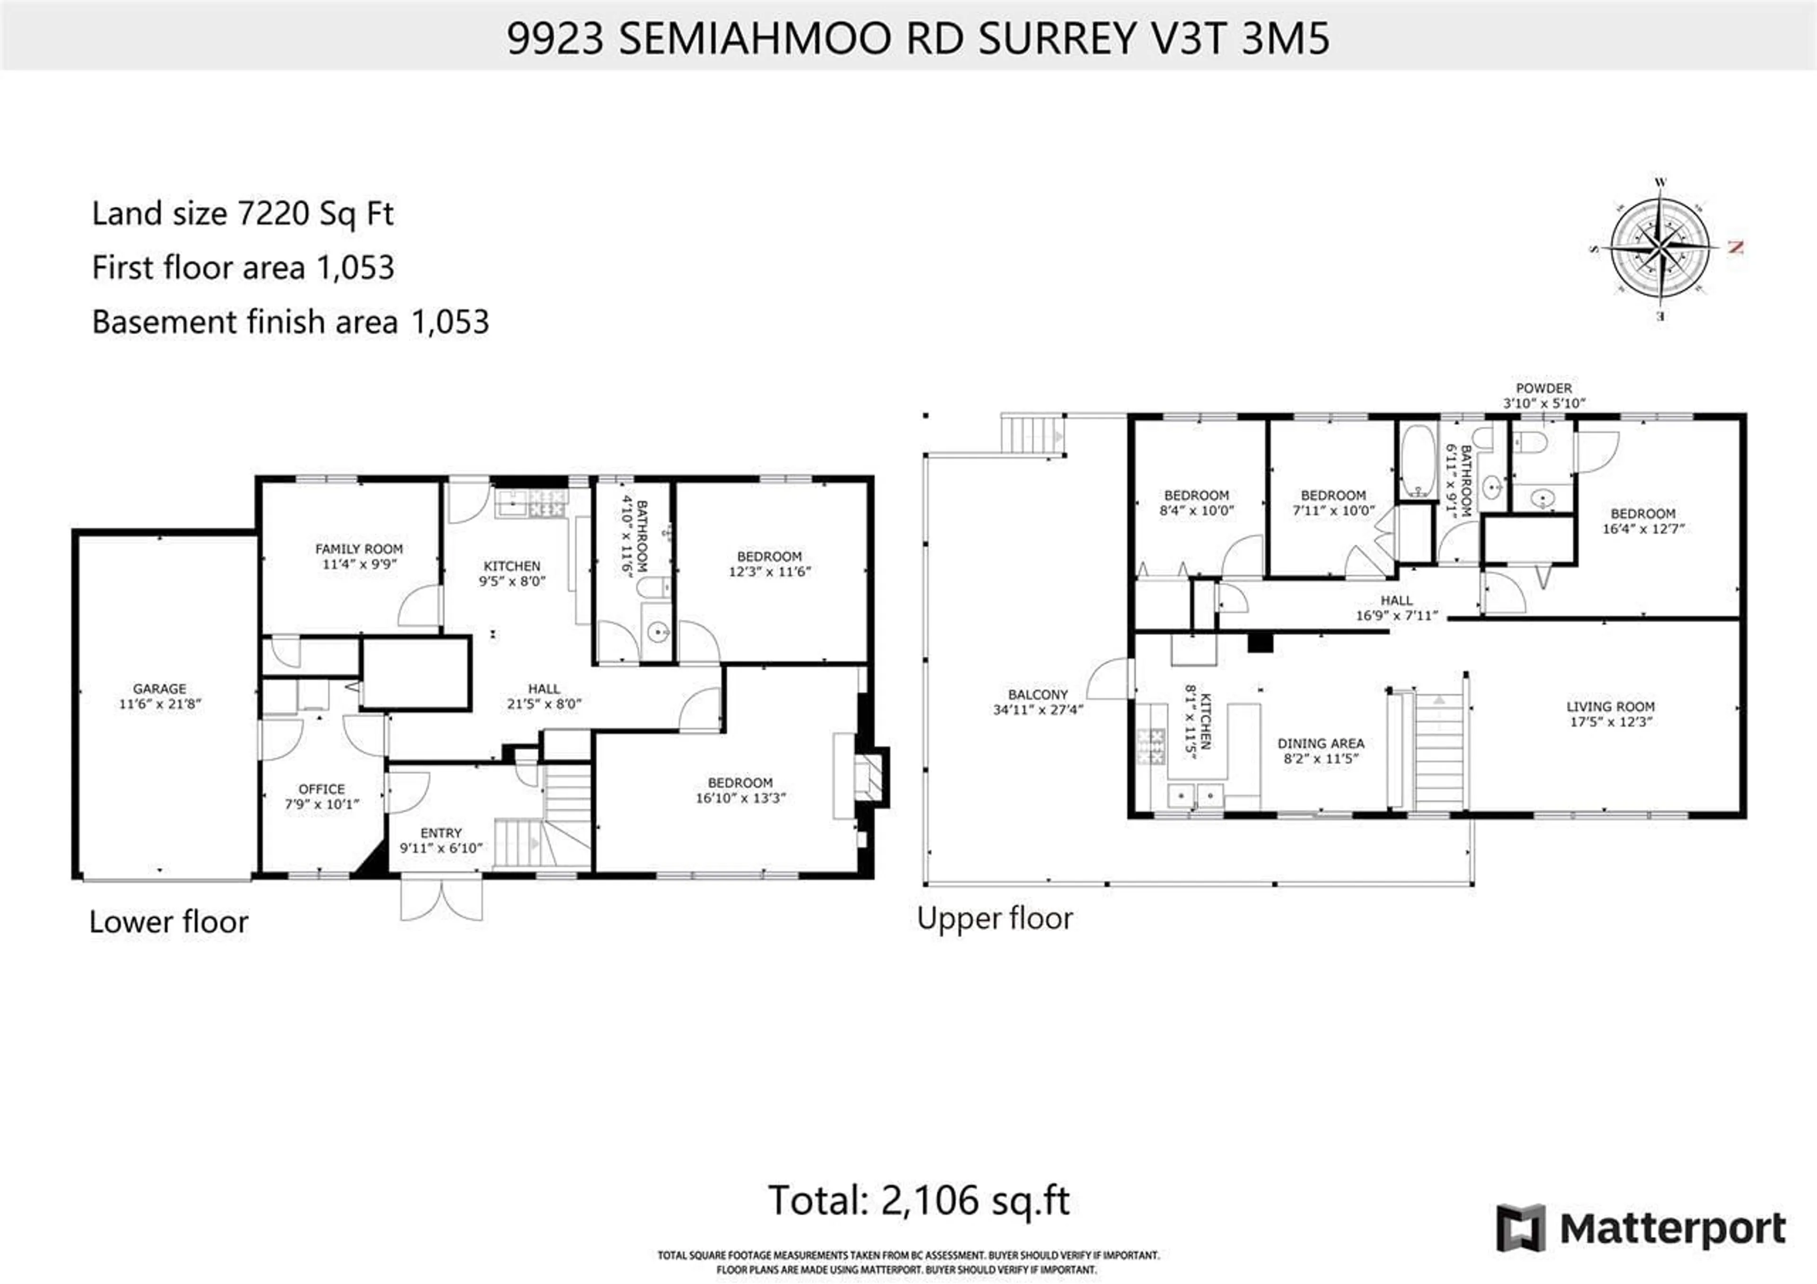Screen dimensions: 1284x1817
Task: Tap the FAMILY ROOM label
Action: tap(359, 548)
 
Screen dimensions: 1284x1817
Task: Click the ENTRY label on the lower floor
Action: tap(441, 832)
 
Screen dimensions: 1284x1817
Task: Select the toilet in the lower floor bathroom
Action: tap(653, 588)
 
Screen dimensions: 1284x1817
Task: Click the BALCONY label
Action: tap(1038, 694)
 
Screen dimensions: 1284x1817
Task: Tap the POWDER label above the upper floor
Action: tap(1543, 388)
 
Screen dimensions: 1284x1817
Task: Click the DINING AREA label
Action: tap(1320, 743)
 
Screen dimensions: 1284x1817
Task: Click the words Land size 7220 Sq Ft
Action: tap(242, 214)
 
